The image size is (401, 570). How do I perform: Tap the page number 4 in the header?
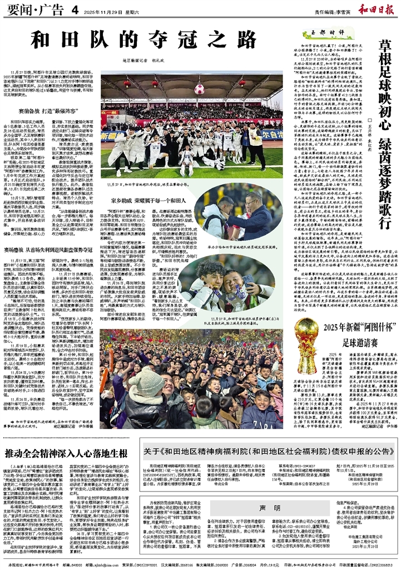coord(74,9)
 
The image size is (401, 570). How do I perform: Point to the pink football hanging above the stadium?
coord(199,89)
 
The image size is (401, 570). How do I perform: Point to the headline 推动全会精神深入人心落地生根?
coord(67,454)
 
